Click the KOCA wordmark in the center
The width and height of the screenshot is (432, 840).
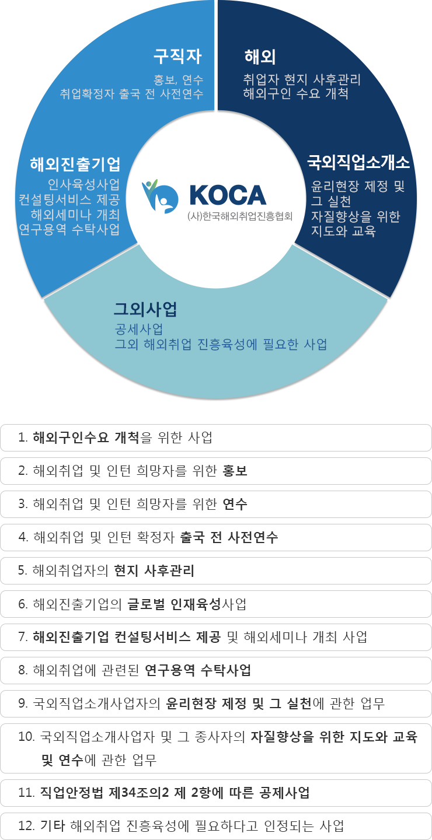228,195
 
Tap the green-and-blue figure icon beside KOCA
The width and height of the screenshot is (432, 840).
160,196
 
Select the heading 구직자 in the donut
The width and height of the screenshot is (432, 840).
177,56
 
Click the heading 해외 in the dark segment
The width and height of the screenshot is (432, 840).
260,57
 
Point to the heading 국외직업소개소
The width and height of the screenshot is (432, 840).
358,162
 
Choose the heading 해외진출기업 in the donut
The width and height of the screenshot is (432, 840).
75,164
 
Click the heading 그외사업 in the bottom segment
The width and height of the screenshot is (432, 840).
145,309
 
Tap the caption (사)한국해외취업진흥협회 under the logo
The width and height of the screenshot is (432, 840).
240,216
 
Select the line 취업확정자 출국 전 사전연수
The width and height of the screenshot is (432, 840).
132,93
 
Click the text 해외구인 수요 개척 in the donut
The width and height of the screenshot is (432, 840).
296,93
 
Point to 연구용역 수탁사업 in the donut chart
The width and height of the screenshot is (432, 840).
69,229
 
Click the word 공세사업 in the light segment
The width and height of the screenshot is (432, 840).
139,329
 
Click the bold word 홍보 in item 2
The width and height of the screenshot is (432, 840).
235,471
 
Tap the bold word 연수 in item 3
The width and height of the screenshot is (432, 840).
235,504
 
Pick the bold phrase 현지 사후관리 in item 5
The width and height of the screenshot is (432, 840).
154,570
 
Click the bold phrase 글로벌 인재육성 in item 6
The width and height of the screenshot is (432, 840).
174,604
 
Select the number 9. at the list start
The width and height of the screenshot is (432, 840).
23,703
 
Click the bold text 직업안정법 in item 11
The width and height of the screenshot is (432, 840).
71,792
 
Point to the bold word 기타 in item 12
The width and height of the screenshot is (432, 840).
53,826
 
